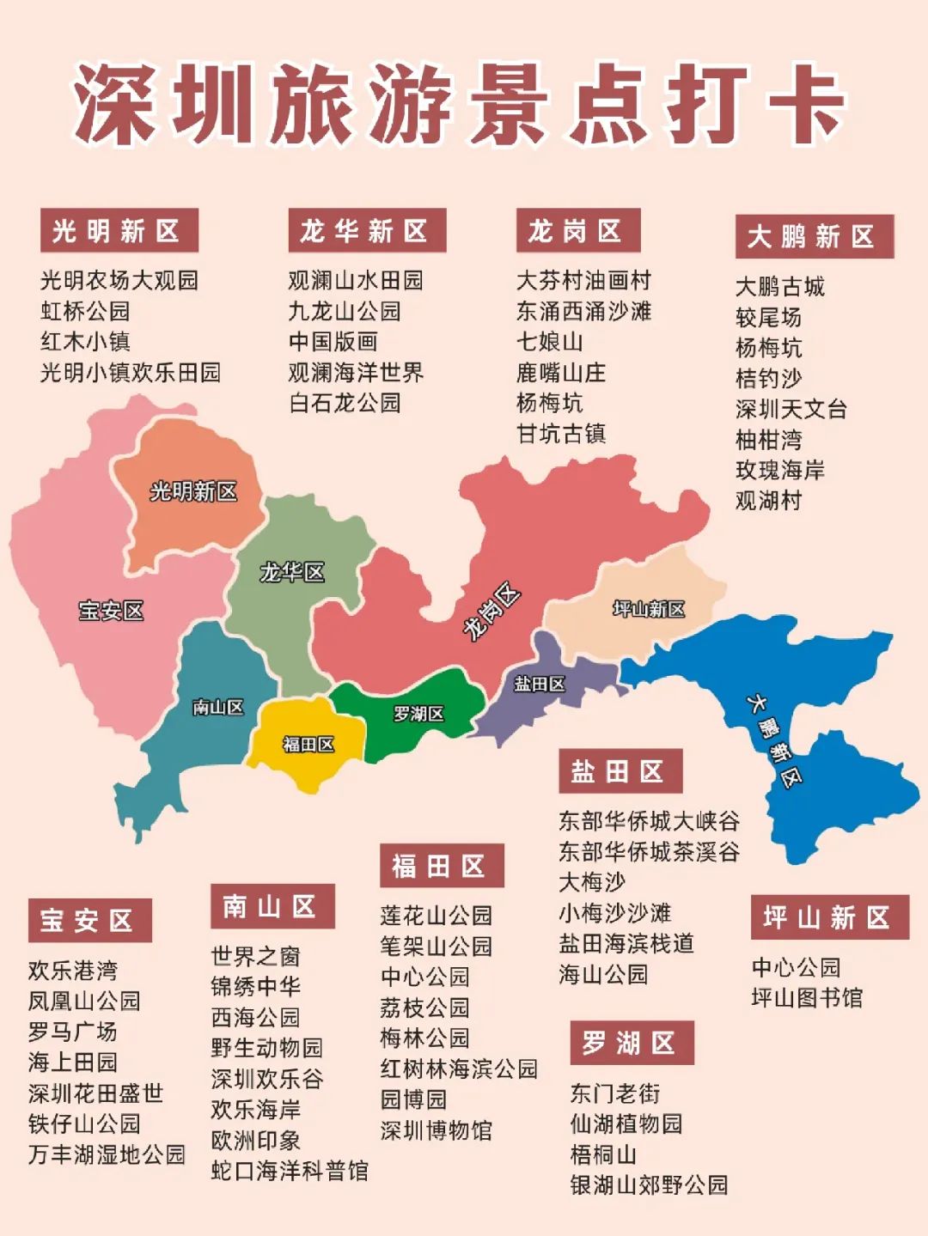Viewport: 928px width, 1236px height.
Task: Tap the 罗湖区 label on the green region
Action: [418, 714]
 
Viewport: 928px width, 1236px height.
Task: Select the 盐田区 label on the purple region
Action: [540, 684]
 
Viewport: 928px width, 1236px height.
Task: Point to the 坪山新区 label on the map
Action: [649, 609]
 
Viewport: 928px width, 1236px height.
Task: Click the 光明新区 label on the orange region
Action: [193, 491]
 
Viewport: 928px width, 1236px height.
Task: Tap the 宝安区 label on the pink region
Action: [111, 611]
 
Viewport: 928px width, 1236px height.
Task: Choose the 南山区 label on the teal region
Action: [218, 707]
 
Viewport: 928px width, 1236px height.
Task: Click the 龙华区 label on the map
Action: [292, 572]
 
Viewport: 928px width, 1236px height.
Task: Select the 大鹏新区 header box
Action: [814, 237]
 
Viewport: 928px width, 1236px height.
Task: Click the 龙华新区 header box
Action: [367, 231]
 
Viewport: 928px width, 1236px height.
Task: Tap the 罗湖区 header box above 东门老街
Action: [632, 1043]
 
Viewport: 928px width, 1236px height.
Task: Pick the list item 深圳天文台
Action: [791, 409]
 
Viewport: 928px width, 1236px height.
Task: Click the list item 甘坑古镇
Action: [560, 434]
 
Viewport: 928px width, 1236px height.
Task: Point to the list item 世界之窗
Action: [255, 956]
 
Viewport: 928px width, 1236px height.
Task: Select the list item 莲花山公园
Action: [436, 916]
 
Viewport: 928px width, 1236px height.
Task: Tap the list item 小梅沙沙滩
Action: [614, 913]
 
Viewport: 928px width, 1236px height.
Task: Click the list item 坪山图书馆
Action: [806, 998]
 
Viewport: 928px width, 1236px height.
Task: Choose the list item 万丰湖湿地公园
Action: [107, 1154]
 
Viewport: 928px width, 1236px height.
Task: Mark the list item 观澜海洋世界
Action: [356, 372]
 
